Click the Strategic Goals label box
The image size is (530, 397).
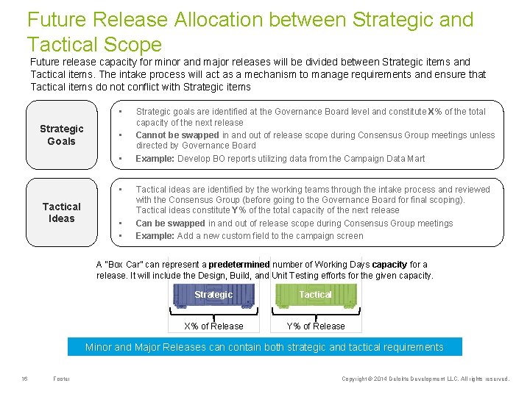pos(62,135)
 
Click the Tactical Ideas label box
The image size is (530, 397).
pos(62,212)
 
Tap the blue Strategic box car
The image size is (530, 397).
pos(213,295)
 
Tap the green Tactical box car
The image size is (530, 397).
pos(315,295)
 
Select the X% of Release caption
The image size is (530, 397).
pos(213,326)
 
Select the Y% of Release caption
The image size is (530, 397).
pos(315,326)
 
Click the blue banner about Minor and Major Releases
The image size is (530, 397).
pos(264,347)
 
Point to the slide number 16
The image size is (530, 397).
pos(24,379)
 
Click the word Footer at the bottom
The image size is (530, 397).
pos(62,379)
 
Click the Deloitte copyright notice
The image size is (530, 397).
pos(425,379)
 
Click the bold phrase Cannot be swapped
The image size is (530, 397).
pos(177,135)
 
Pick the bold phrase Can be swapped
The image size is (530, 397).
pos(170,223)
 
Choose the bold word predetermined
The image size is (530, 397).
pos(239,265)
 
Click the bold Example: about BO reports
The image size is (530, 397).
pos(155,159)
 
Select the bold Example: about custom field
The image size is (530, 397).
pos(155,236)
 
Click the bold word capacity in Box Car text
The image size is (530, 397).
pos(389,265)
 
